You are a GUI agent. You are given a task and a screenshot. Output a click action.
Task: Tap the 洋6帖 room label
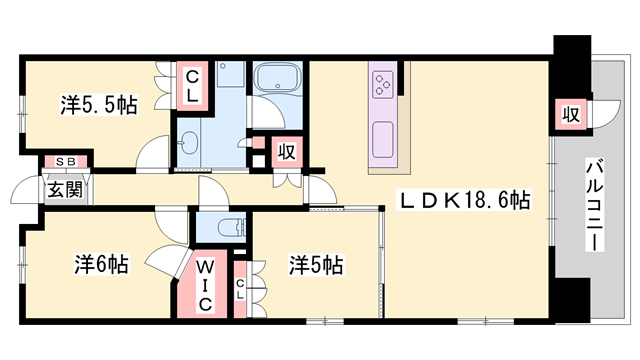pyautogui.click(x=101, y=265)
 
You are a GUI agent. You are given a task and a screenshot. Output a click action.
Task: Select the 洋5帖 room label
pyautogui.click(x=317, y=265)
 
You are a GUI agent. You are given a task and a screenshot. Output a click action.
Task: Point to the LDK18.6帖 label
pyautogui.click(x=466, y=200)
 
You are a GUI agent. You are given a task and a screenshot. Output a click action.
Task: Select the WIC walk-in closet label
pyautogui.click(x=204, y=286)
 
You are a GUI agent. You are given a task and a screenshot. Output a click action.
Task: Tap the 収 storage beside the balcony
pyautogui.click(x=569, y=114)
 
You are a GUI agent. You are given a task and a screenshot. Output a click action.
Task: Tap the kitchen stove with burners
pyautogui.click(x=386, y=82)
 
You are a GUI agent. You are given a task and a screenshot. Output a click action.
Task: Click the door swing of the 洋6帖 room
pyautogui.click(x=160, y=261)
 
